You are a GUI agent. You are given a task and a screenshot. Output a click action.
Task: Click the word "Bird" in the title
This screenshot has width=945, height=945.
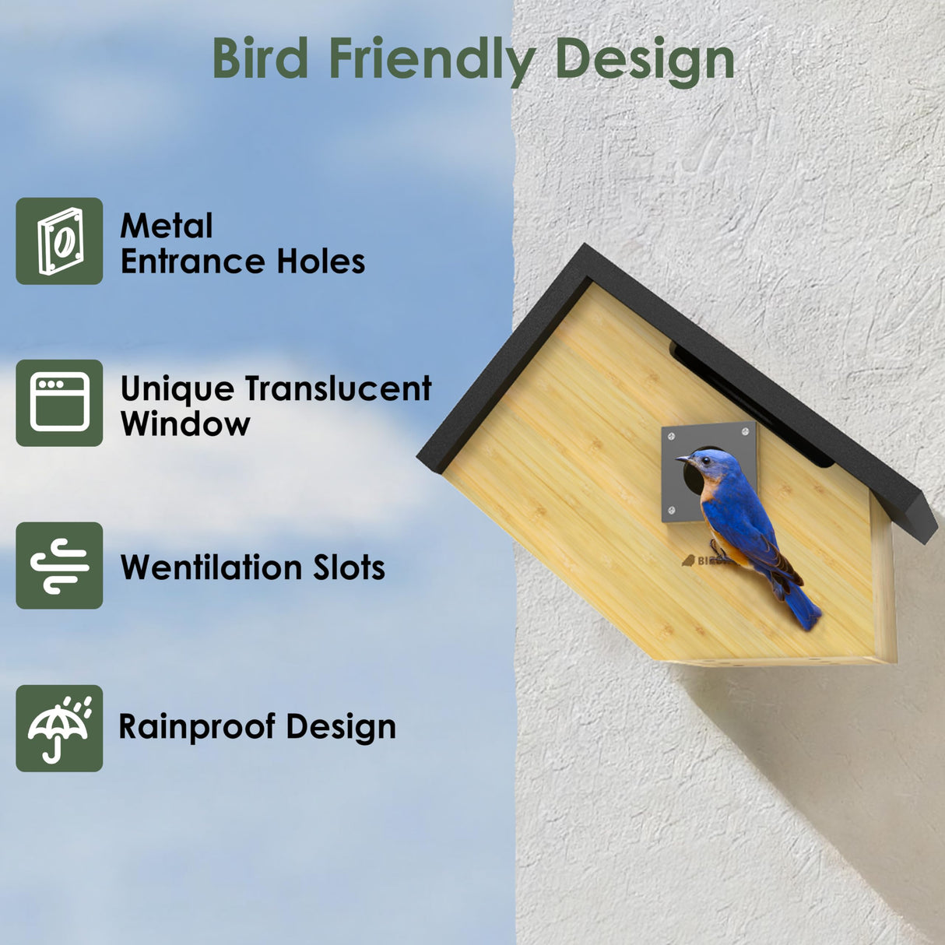pyautogui.click(x=260, y=58)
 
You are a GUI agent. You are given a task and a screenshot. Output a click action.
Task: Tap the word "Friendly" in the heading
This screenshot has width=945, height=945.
pyautogui.click(x=432, y=60)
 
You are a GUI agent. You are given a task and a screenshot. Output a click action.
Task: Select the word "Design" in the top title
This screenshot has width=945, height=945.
pyautogui.click(x=645, y=60)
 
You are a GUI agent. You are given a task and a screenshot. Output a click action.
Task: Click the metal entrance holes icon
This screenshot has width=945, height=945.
pyautogui.click(x=59, y=241)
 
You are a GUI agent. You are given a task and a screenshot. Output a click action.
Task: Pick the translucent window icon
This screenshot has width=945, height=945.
pyautogui.click(x=59, y=402)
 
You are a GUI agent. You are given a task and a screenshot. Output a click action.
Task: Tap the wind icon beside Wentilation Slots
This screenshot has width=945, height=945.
pyautogui.click(x=59, y=566)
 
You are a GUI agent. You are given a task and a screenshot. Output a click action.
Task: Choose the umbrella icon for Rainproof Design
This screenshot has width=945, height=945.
pyautogui.click(x=59, y=729)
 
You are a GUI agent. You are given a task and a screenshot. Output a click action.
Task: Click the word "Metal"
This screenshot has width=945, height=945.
pyautogui.click(x=167, y=227)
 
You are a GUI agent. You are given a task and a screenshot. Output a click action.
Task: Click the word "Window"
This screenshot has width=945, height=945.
pyautogui.click(x=185, y=424)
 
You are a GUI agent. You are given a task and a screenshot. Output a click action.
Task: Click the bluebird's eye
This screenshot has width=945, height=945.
pyautogui.click(x=704, y=460)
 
